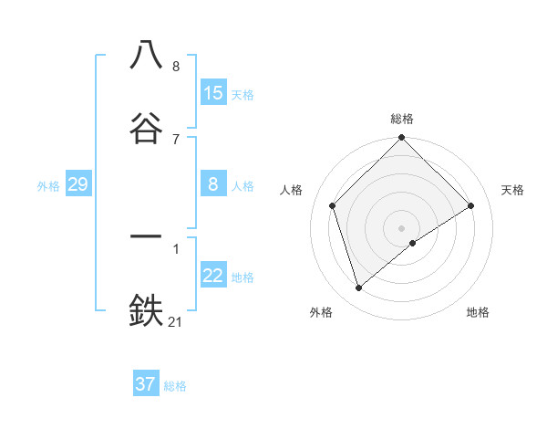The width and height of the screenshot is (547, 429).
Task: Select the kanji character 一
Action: pyautogui.click(x=147, y=236)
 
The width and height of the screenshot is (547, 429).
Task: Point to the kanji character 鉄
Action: pyautogui.click(x=147, y=309)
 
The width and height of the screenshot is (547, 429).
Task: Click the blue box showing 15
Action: pyautogui.click(x=213, y=93)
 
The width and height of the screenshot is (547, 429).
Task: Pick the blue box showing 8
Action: pyautogui.click(x=213, y=184)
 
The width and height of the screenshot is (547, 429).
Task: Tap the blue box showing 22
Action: pyautogui.click(x=213, y=276)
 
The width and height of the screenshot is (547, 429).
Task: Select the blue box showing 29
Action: pyautogui.click(x=77, y=184)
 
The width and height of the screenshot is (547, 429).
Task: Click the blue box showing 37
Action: pyautogui.click(x=146, y=384)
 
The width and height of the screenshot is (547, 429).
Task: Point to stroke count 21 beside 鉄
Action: pyautogui.click(x=176, y=321)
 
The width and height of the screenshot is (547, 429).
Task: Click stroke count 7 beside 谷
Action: pyautogui.click(x=176, y=139)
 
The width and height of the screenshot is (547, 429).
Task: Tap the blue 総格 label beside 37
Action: pyautogui.click(x=175, y=386)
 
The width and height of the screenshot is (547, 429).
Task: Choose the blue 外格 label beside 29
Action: pyautogui.click(x=48, y=186)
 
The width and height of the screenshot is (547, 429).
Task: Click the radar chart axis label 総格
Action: pyautogui.click(x=402, y=119)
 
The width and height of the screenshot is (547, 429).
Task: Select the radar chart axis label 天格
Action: pyautogui.click(x=513, y=190)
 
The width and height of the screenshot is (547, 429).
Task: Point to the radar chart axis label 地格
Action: pyautogui.click(x=478, y=312)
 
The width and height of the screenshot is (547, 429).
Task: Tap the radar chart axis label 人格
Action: pyautogui.click(x=292, y=190)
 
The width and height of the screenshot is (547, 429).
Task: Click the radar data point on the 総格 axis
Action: pyautogui.click(x=401, y=139)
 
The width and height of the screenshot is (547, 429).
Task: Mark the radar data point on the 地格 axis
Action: pyautogui.click(x=413, y=243)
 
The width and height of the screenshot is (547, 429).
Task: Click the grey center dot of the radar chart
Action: pyautogui.click(x=401, y=227)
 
